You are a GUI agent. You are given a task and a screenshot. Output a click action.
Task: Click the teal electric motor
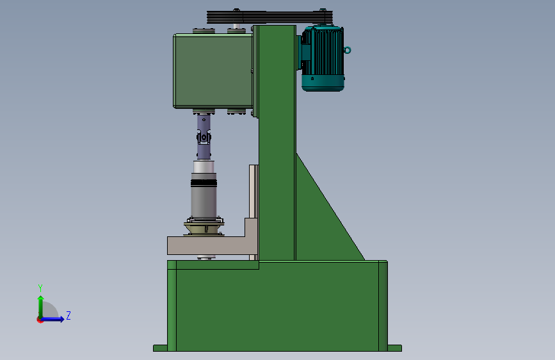[x=323, y=58]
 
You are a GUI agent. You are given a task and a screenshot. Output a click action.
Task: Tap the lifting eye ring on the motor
[x=347, y=51]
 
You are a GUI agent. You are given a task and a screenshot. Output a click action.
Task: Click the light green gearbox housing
[x=213, y=71]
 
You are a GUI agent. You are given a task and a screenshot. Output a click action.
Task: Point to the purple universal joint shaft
[x=204, y=137]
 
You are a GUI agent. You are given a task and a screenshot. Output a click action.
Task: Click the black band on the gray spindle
[x=204, y=183]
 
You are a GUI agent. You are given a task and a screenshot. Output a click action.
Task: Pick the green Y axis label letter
[x=40, y=288]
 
